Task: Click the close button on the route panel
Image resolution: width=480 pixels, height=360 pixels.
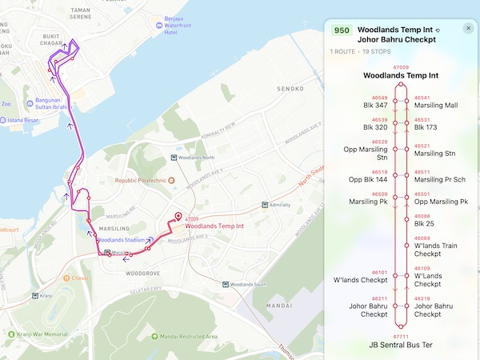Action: pos(468,29)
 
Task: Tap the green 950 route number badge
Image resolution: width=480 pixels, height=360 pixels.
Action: pos(342,30)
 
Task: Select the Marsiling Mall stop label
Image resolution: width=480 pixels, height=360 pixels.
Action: pos(435,105)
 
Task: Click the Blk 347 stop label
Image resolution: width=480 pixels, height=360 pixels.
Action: pos(375,105)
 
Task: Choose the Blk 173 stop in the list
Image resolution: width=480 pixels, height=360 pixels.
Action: pos(426,127)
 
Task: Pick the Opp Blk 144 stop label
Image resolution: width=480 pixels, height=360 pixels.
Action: pos(368,179)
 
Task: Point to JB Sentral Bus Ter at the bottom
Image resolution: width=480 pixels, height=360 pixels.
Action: pos(400,345)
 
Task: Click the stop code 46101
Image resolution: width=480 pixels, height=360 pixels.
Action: pos(380,273)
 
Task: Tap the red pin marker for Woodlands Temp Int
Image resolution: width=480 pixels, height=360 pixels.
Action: pos(178,218)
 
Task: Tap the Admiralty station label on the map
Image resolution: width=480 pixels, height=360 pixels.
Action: pos(279,205)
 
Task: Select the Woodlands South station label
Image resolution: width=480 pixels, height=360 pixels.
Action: pos(247,285)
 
